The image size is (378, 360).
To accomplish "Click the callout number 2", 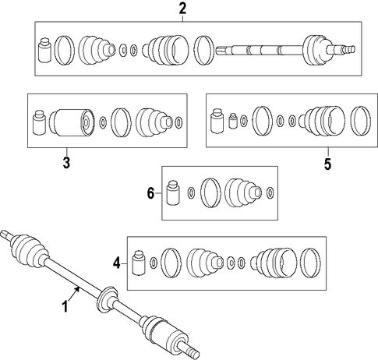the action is pos(182,9).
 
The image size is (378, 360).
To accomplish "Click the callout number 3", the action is pos(66,163).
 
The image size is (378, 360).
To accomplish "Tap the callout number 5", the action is pos(328,164).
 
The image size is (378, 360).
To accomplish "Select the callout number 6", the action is pos(150,193).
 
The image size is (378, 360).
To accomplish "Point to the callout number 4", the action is pos(117,264).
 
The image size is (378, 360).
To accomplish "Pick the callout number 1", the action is pos(65,306).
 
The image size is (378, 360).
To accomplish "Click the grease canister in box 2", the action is pos(44,51).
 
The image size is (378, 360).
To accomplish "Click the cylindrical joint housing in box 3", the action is pos(71,122).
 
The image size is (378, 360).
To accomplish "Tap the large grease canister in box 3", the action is pos(39,123).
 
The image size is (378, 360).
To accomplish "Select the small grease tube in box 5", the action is pos(232,121).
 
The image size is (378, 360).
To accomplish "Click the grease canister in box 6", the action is pos(173,193).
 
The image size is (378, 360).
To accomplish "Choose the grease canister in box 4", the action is pos(139,263).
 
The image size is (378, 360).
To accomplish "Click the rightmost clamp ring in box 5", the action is pos(361,121).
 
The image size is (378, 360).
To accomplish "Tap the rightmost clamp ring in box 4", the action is pos(310,263).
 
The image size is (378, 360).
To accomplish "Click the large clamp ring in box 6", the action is pos(210,192).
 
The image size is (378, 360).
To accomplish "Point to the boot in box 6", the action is pos(242,193).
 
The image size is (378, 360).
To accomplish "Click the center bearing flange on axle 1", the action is pos(107,300).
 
